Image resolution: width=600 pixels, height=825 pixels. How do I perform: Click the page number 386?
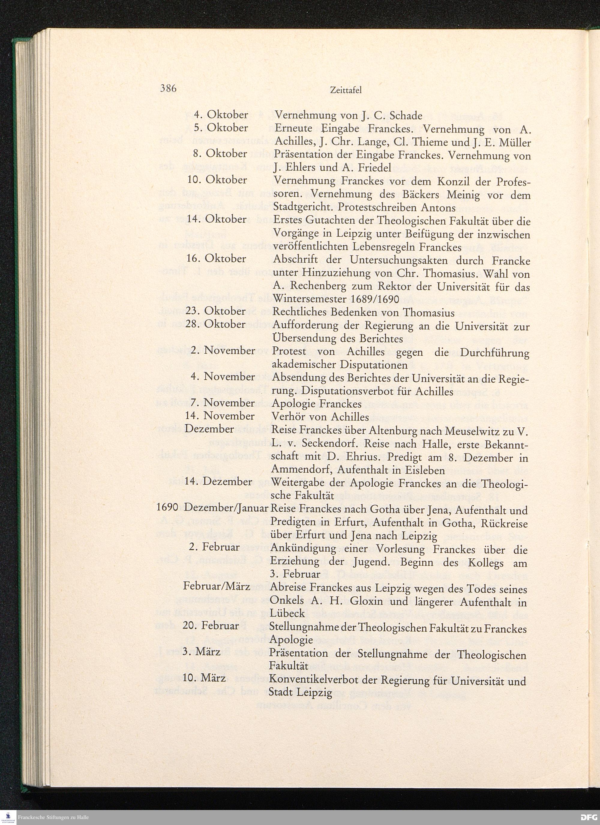168,88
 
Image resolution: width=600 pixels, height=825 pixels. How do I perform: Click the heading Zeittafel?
346,91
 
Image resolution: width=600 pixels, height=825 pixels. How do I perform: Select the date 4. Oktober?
221,115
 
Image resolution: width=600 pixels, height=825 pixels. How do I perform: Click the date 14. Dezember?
218,481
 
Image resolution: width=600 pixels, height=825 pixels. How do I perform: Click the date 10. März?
204,678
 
